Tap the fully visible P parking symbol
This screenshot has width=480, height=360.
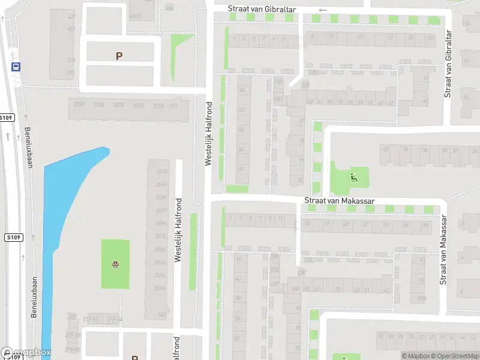tap(119, 56)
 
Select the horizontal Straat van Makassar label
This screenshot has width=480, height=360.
tap(340, 200)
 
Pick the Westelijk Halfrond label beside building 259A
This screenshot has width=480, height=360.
tap(178, 230)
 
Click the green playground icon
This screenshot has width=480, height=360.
tap(353, 177)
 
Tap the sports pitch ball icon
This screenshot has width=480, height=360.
tap(115, 264)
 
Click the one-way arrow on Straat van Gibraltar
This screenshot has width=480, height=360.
tap(323, 10)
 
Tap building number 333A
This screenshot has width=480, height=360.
tap(79, 105)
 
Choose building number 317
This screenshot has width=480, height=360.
tap(173, 106)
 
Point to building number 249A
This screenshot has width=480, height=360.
tap(160, 288)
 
